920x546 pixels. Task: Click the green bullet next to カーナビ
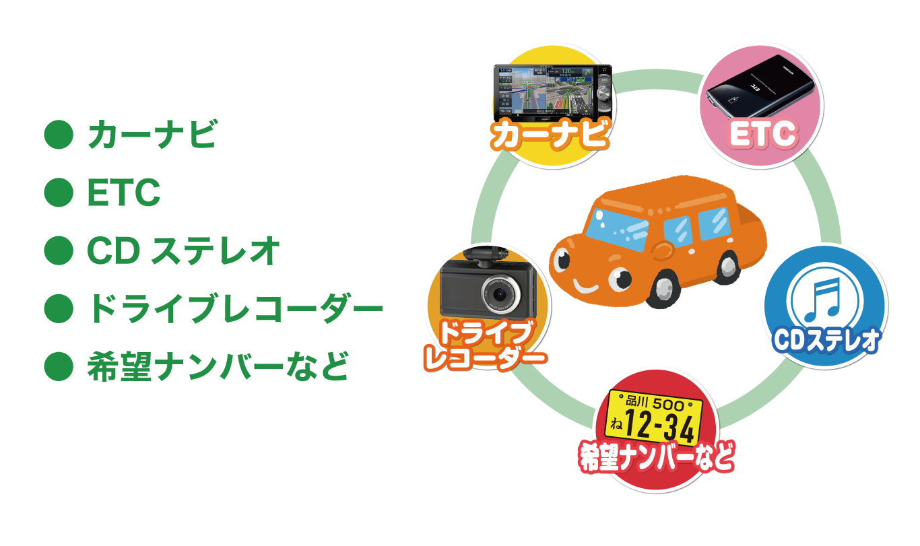[x=58, y=135]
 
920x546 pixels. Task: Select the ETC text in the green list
[x=123, y=193]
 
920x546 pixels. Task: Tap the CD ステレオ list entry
[x=183, y=251]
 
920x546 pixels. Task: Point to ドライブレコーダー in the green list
[x=234, y=309]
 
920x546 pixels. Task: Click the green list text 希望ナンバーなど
[x=218, y=367]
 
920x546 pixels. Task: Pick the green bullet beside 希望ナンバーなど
[x=58, y=367]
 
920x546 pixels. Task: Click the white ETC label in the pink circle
[x=763, y=135]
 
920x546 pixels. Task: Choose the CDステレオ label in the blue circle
[x=826, y=340]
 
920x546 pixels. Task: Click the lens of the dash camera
[x=499, y=294]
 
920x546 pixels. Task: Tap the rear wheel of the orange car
[x=729, y=265]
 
